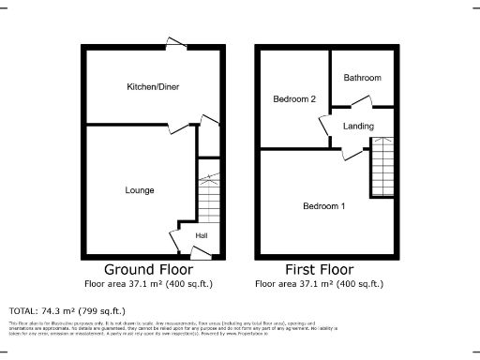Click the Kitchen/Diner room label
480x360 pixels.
(153, 87)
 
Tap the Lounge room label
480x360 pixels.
(140, 190)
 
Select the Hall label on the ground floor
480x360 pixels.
(202, 235)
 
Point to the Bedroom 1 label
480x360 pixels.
(323, 206)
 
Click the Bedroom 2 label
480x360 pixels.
(292, 98)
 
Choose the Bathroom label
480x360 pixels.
(361, 78)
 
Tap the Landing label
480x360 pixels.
(358, 127)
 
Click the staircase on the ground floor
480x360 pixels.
(208, 192)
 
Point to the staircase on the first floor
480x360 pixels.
(382, 167)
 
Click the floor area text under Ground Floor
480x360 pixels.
(155, 283)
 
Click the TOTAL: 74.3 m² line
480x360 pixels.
(67, 310)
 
